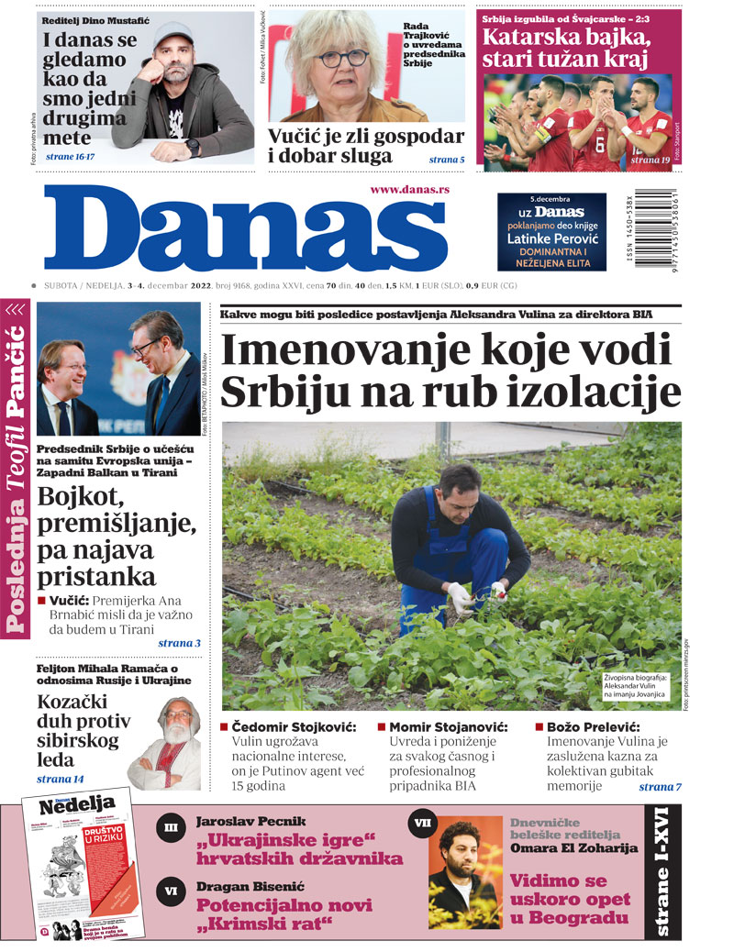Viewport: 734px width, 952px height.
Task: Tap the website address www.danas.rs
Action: pyautogui.click(x=409, y=189)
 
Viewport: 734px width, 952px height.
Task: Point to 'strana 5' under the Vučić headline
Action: pyautogui.click(x=447, y=161)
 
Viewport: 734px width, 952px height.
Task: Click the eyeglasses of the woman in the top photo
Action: pyautogui.click(x=343, y=59)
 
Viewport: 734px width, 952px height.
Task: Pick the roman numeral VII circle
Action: pyautogui.click(x=422, y=824)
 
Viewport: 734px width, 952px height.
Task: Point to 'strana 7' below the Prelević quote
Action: pyautogui.click(x=660, y=786)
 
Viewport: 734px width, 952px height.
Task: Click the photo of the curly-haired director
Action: pyautogui.click(x=466, y=871)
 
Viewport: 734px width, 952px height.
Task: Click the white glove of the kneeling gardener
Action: pyautogui.click(x=459, y=597)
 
